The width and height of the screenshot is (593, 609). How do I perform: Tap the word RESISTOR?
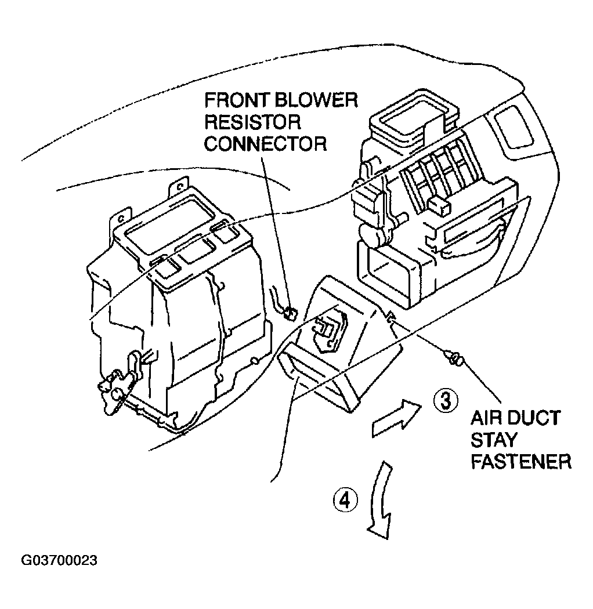(x=252, y=122)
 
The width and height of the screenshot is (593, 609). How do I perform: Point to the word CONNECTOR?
(x=265, y=143)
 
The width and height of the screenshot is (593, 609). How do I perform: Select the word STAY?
(x=493, y=440)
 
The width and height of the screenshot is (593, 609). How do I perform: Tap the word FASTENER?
(x=520, y=462)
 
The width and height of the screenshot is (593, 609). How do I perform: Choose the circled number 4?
(x=345, y=499)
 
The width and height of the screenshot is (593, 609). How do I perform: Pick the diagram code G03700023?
(x=59, y=561)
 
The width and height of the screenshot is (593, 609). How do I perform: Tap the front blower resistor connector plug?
(x=290, y=314)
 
